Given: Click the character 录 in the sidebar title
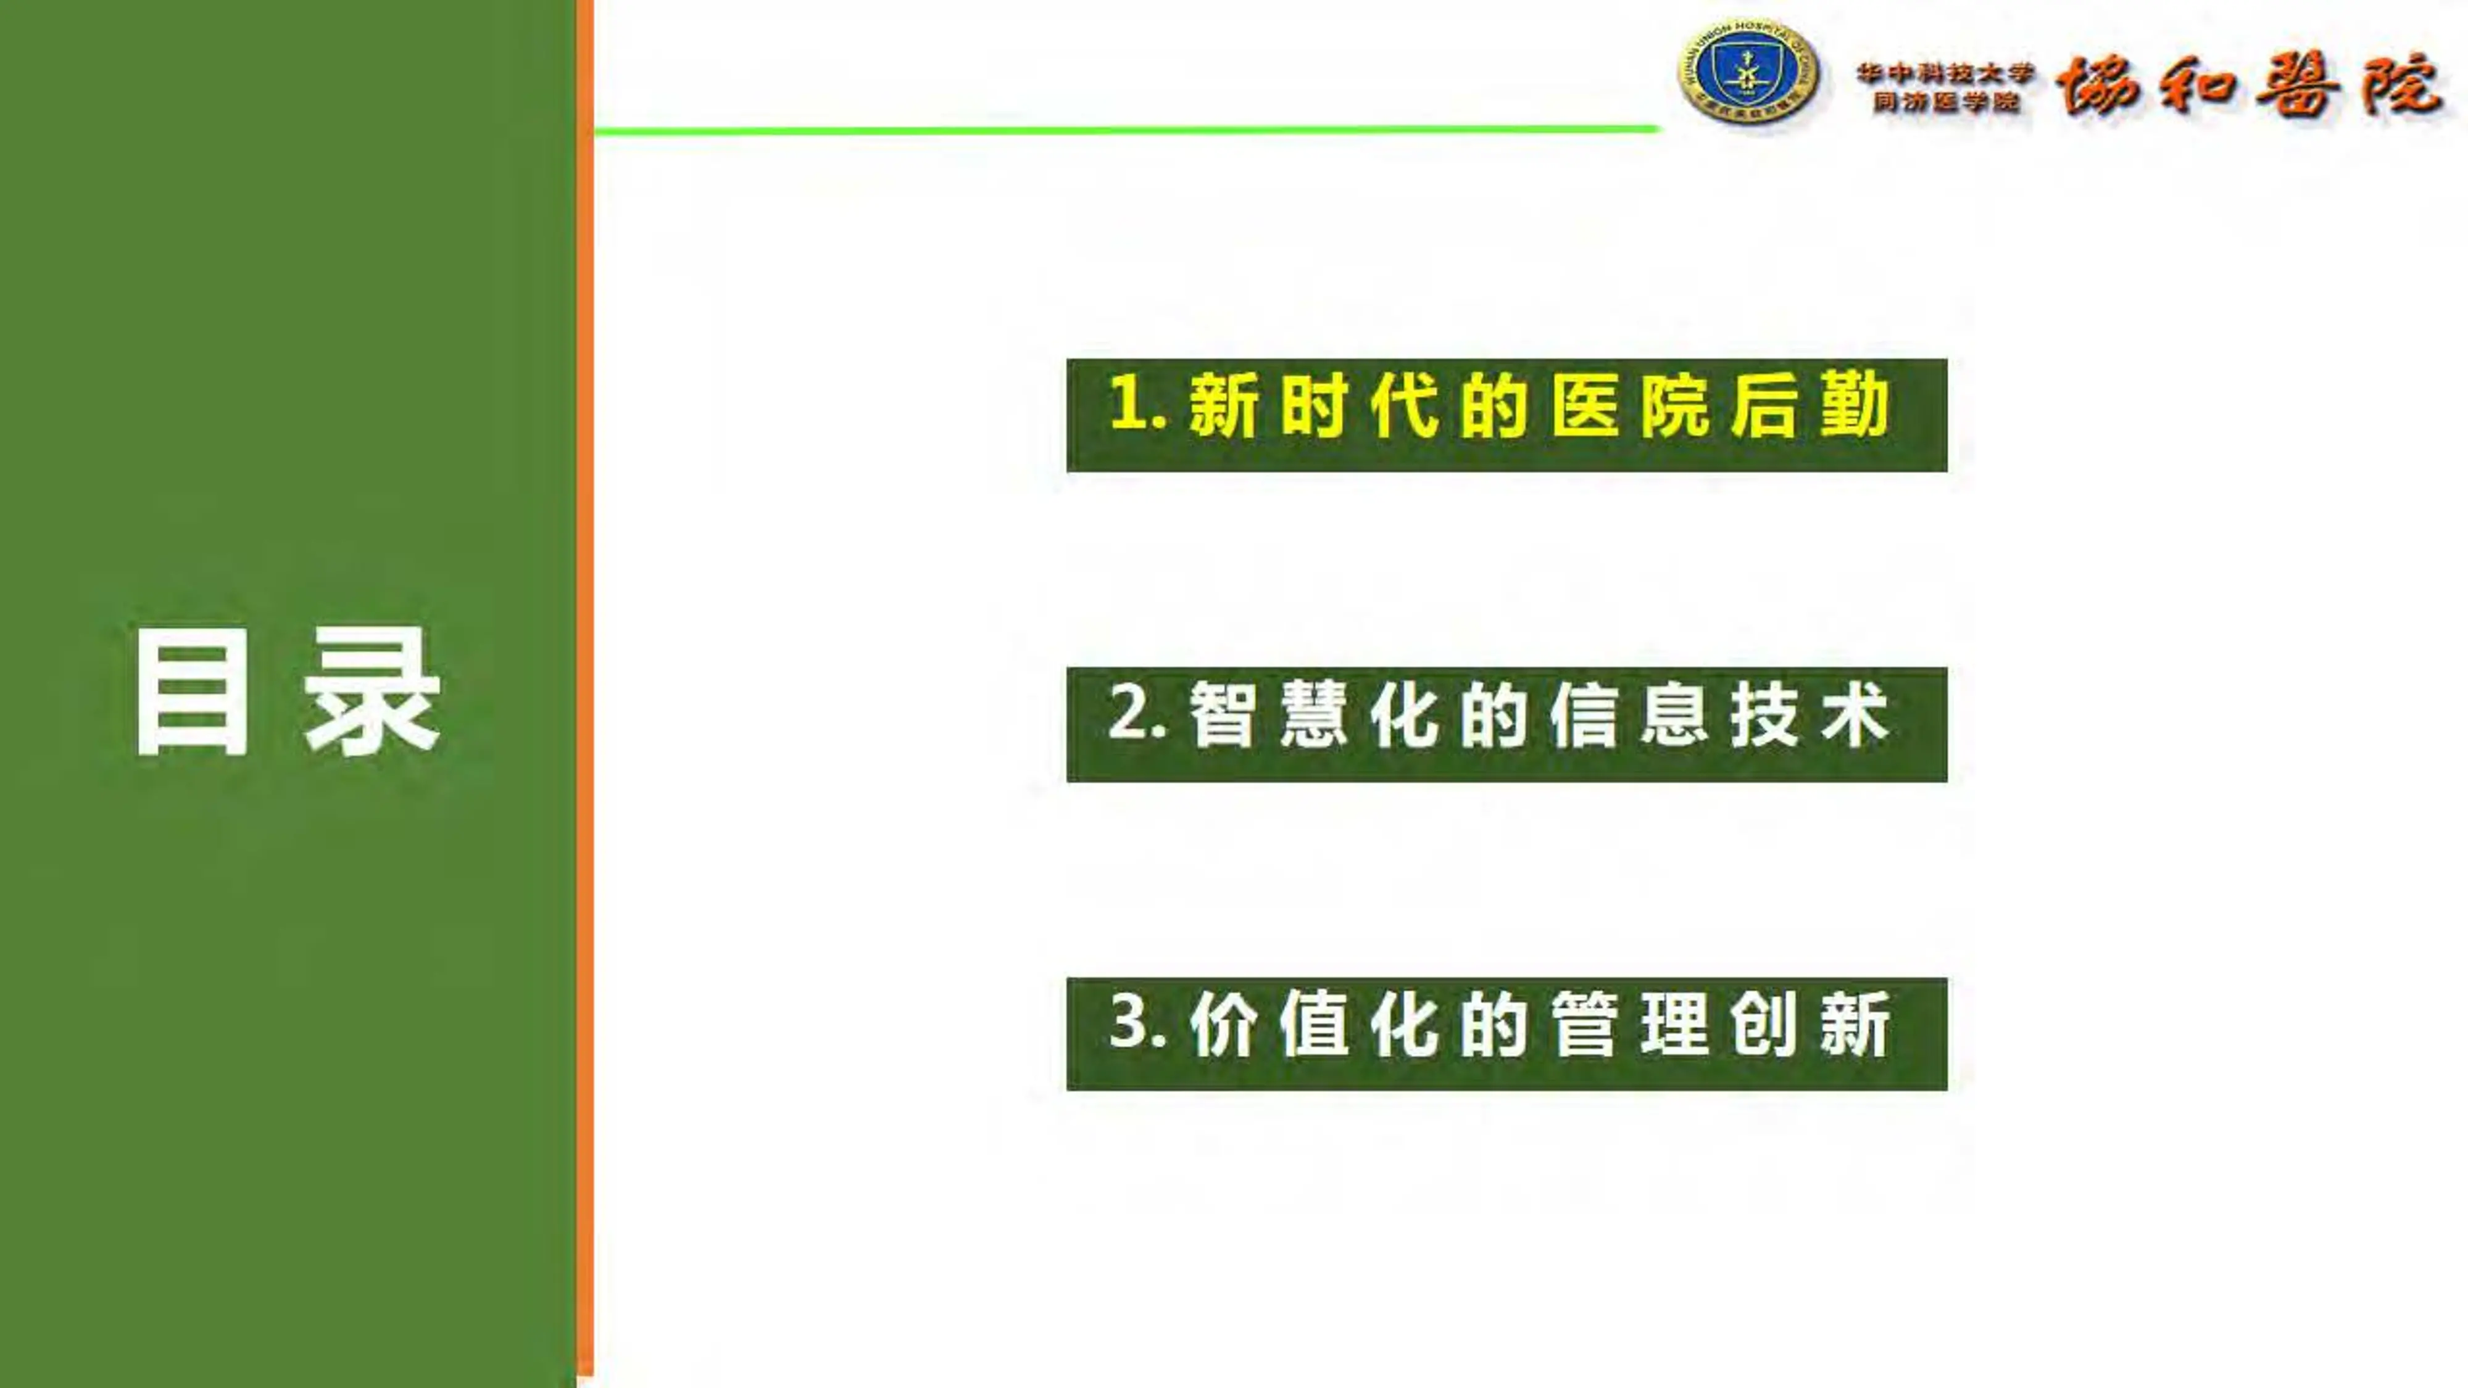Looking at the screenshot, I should [372, 693].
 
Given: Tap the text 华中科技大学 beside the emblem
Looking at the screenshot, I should [1945, 73].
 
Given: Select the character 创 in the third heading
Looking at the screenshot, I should [1765, 1024].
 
